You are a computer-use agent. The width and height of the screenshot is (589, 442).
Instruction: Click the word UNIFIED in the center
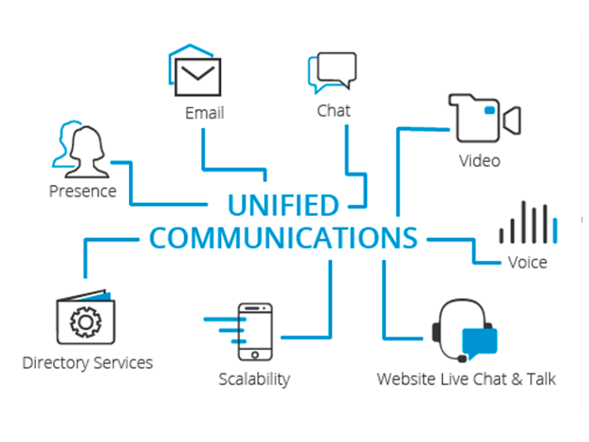(283, 206)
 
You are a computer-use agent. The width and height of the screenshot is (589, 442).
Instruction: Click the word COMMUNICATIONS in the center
(283, 238)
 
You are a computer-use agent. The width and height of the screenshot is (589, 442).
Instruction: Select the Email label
(205, 113)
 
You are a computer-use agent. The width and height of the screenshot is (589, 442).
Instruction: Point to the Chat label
(334, 110)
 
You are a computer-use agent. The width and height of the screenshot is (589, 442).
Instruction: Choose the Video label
(479, 160)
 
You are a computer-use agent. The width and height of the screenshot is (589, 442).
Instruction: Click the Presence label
(83, 190)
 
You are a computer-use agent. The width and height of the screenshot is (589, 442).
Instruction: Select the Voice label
(527, 262)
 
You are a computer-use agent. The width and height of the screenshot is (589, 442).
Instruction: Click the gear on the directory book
(84, 323)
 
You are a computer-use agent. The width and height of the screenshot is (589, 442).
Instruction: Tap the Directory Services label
(87, 363)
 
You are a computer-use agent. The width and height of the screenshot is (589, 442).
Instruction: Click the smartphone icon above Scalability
(255, 331)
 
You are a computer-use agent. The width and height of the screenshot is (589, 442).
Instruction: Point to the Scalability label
(254, 378)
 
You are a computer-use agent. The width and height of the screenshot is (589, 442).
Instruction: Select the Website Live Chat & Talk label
(466, 379)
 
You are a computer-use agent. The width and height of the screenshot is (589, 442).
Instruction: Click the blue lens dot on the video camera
(489, 112)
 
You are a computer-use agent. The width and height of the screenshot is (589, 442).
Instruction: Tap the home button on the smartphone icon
(255, 354)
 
